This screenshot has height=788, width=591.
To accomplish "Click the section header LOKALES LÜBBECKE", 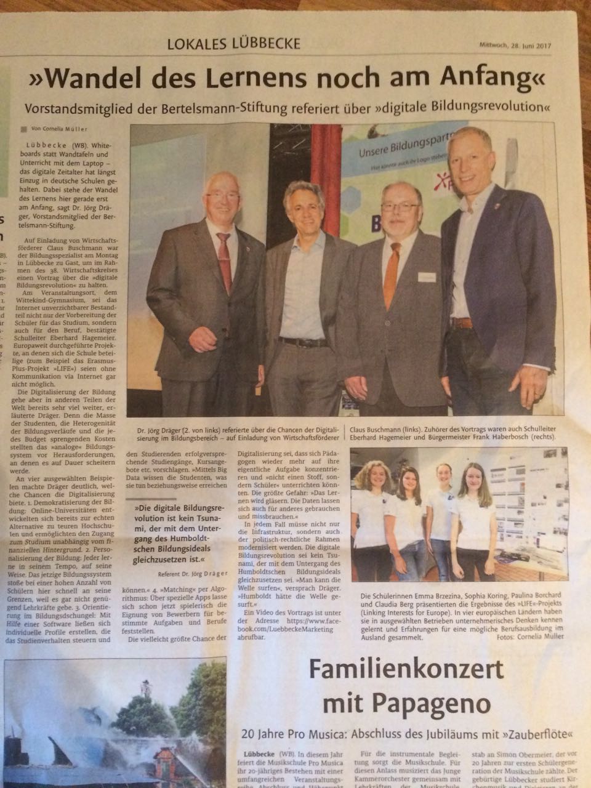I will pyautogui.click(x=234, y=44).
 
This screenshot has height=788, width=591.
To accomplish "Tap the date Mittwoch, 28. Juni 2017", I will pyautogui.click(x=515, y=45).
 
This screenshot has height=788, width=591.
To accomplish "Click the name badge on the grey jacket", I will pyautogui.click(x=427, y=278).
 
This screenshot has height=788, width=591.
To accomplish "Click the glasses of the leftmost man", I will pyautogui.click(x=222, y=197).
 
